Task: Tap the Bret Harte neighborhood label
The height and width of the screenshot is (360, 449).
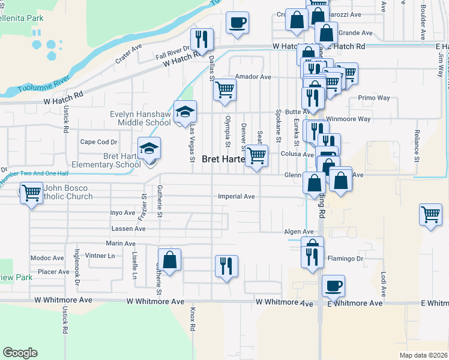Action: click(223, 160)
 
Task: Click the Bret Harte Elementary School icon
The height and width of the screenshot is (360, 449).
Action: click(149, 149)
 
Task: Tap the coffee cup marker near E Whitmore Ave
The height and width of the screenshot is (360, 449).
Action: click(333, 286)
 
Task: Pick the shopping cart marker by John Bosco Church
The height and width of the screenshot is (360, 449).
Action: click(31, 194)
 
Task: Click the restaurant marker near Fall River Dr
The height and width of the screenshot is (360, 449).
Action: click(202, 40)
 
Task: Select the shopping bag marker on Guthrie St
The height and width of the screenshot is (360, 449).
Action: click(170, 260)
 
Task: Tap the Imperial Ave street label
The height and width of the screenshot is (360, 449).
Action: click(237, 196)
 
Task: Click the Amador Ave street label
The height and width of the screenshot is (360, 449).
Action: click(253, 77)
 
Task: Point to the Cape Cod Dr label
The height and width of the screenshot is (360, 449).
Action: click(98, 142)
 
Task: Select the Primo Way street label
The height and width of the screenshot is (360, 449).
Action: click(374, 98)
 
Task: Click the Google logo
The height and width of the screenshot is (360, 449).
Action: click(20, 353)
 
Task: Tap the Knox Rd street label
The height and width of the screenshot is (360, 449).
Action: click(193, 320)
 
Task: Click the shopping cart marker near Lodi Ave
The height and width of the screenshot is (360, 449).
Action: click(431, 214)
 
